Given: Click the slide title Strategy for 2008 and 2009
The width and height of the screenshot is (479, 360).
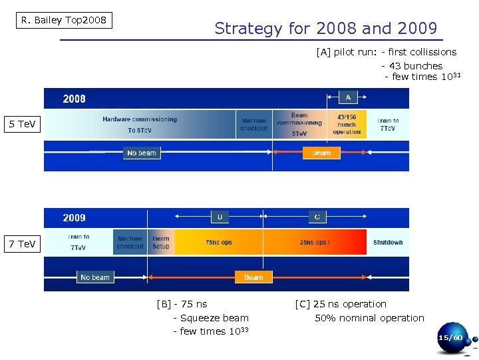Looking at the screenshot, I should pyautogui.click(x=326, y=29).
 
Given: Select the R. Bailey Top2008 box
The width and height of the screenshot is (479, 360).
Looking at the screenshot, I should pyautogui.click(x=64, y=20).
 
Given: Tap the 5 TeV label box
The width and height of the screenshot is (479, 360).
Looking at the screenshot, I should pyautogui.click(x=22, y=125).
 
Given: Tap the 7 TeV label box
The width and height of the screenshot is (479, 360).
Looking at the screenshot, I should pyautogui.click(x=22, y=244).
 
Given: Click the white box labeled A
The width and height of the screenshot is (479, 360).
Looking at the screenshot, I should pyautogui.click(x=348, y=97).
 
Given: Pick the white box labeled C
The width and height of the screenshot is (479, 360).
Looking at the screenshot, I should pyautogui.click(x=317, y=217).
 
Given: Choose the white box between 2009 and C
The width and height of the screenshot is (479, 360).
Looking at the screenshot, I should pyautogui.click(x=220, y=217).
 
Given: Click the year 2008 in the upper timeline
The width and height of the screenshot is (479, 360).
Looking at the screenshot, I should pyautogui.click(x=74, y=99).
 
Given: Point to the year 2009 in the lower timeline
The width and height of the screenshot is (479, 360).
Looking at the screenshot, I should pyautogui.click(x=74, y=218).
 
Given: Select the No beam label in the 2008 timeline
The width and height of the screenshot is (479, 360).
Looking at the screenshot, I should pyautogui.click(x=142, y=153).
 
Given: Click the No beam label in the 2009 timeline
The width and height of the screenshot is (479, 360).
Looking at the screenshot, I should pyautogui.click(x=95, y=277).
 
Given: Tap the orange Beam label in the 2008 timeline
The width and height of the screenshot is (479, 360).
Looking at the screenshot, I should pyautogui.click(x=321, y=153).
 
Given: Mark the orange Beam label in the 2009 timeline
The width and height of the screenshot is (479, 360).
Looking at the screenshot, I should pyautogui.click(x=253, y=277).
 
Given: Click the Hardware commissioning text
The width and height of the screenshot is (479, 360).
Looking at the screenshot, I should pyautogui.click(x=140, y=119).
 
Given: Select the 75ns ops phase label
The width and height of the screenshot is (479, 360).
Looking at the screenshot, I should pyautogui.click(x=219, y=243).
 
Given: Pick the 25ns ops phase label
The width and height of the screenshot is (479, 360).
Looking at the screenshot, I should pyautogui.click(x=314, y=243).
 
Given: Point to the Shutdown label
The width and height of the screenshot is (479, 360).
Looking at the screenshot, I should pyautogui.click(x=388, y=243).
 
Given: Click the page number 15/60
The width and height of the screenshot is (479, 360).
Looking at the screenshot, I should pyautogui.click(x=450, y=338).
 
